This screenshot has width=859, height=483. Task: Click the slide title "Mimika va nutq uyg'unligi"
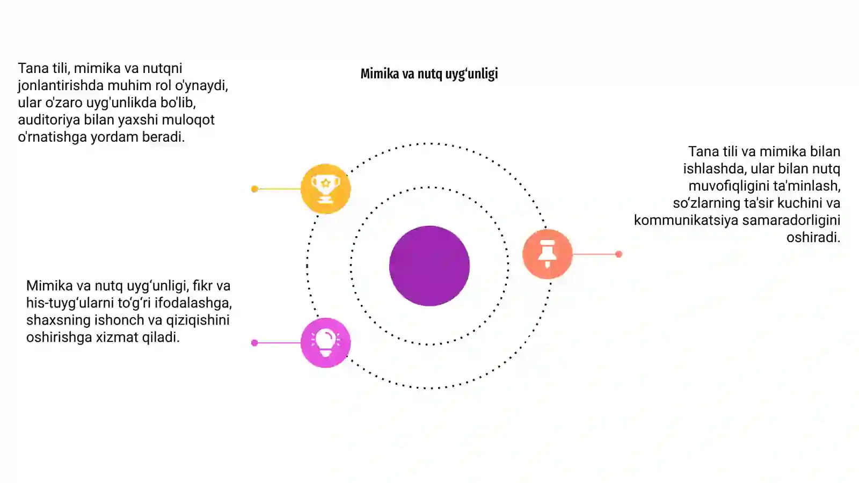(429, 74)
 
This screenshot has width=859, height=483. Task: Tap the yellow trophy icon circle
(325, 188)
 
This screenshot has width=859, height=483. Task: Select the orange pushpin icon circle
(547, 254)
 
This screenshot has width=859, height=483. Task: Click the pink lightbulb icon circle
(325, 343)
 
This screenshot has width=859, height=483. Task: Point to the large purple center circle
(429, 266)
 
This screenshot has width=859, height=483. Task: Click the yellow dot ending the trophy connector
(254, 189)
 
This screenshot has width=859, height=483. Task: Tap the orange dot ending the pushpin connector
(618, 254)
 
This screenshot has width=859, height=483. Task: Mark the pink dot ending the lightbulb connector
(254, 343)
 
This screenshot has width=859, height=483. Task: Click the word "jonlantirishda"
(61, 86)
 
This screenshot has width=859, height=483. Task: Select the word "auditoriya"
(49, 120)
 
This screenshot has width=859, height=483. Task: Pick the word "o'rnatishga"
(53, 137)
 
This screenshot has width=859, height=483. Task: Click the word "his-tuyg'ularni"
(70, 303)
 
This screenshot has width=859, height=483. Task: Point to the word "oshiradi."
(813, 238)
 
